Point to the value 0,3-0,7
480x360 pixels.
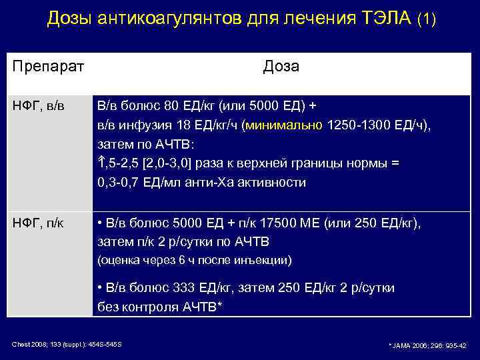pyautogui.click(x=121, y=183)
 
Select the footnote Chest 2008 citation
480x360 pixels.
pyautogui.click(x=67, y=344)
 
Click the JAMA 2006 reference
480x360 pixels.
pyautogui.click(x=427, y=345)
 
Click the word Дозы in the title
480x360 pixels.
pyautogui.click(x=69, y=18)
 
